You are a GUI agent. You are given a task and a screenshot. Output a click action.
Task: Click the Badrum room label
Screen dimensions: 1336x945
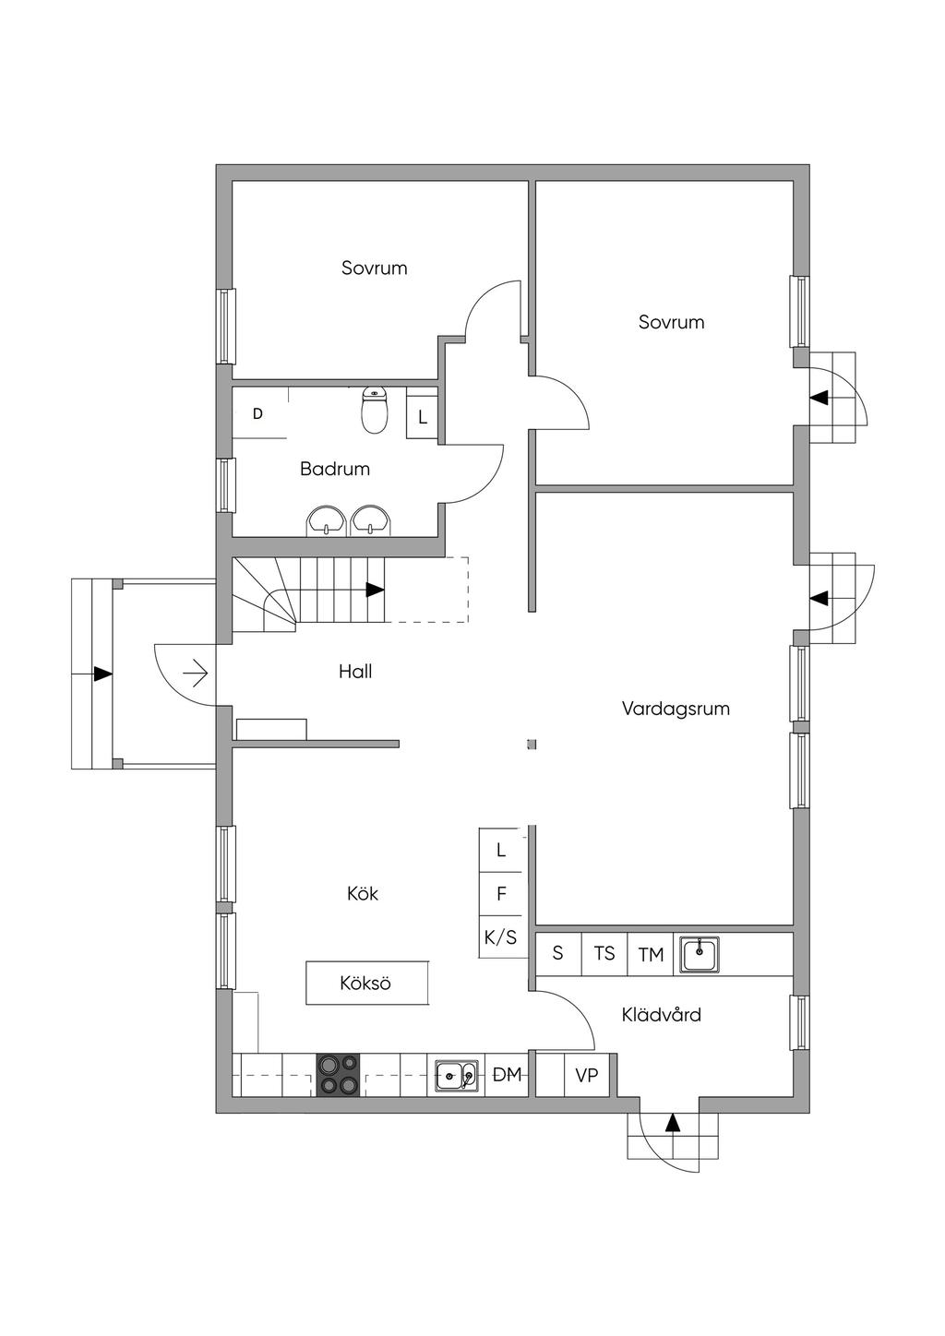click(x=335, y=469)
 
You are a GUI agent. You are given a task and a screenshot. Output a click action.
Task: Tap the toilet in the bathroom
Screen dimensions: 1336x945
click(x=374, y=412)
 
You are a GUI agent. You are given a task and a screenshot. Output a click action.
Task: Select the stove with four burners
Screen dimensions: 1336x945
click(x=339, y=1075)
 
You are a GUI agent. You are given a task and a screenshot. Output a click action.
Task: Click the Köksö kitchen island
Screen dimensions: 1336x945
click(x=367, y=983)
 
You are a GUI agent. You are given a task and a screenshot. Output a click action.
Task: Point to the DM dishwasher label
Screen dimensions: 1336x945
click(x=507, y=1074)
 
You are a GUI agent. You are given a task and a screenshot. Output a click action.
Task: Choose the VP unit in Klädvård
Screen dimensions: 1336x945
click(x=587, y=1075)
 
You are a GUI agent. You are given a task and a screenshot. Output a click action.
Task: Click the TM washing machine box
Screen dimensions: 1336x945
click(x=651, y=954)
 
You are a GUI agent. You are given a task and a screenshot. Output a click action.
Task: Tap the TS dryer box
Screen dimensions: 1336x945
click(x=604, y=953)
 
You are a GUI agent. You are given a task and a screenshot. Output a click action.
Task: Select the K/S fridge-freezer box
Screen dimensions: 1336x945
click(x=500, y=937)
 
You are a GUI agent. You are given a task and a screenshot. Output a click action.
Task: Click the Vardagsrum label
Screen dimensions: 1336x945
click(x=676, y=709)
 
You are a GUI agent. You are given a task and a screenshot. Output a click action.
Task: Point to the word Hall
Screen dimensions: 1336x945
click(x=355, y=672)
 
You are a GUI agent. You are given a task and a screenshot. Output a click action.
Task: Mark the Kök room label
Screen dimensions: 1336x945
click(x=363, y=893)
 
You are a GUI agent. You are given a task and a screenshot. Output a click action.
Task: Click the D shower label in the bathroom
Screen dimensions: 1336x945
click(x=257, y=413)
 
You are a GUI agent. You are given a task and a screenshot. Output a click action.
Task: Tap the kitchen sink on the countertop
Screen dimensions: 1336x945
click(x=457, y=1075)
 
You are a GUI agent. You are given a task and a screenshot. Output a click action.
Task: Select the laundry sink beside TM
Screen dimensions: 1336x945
click(x=700, y=953)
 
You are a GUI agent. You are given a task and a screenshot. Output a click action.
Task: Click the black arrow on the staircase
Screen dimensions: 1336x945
click(x=375, y=590)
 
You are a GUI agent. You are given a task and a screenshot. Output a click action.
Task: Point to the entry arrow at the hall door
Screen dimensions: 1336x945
click(x=196, y=674)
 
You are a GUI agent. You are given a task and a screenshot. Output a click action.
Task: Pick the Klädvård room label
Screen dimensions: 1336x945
click(x=661, y=1015)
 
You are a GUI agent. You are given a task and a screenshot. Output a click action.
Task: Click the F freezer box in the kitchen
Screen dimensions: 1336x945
click(x=501, y=893)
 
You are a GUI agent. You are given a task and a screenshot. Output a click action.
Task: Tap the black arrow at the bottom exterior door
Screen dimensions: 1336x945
click(x=673, y=1123)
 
